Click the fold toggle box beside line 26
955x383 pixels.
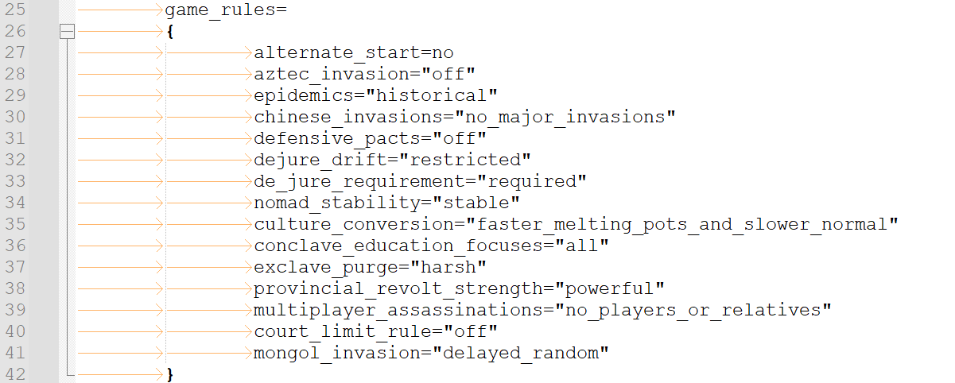[x=67, y=31]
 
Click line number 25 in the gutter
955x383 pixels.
[x=15, y=10]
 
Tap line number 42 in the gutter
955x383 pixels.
[x=15, y=374]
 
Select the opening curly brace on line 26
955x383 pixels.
[x=170, y=32]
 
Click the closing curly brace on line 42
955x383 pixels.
[x=170, y=374]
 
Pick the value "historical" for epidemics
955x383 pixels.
[x=432, y=95]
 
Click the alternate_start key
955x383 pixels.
[x=337, y=53]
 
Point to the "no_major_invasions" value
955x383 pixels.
[x=565, y=117]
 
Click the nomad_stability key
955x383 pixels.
[x=337, y=203]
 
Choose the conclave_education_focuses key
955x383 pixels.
[x=398, y=246]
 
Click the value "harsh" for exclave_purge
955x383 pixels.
[x=448, y=267]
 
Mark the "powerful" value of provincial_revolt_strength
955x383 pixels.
[x=609, y=289]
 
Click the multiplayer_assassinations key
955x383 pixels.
[x=398, y=311]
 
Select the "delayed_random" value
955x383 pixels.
[x=520, y=353]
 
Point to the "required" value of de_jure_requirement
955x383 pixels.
[x=532, y=182]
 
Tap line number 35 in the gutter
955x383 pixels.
[x=15, y=224]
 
